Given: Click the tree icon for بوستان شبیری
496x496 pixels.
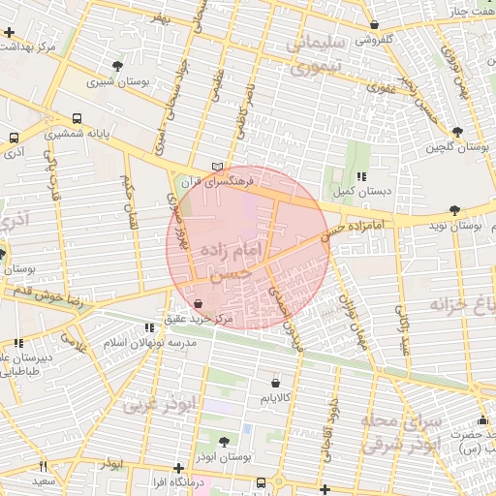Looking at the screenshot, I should pyautogui.click(x=117, y=66).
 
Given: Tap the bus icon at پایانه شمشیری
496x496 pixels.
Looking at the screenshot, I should pyautogui.click(x=77, y=116).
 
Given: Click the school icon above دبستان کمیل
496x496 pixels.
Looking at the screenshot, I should pyautogui.click(x=360, y=177).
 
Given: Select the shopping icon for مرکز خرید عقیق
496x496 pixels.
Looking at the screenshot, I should pyautogui.click(x=199, y=303).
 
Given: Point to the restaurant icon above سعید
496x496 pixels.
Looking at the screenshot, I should pyautogui.click(x=43, y=467).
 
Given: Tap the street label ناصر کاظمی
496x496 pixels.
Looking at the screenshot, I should pyautogui.click(x=242, y=108).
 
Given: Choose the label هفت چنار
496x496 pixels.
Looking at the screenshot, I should pyautogui.click(x=470, y=11).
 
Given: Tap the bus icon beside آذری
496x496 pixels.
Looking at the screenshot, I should pyautogui.click(x=14, y=139).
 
